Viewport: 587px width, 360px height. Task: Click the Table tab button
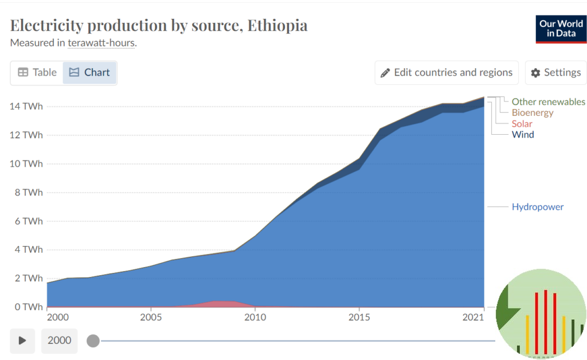pos(37,73)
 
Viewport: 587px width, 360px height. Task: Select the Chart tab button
pos(89,73)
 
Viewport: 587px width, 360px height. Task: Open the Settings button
pos(555,73)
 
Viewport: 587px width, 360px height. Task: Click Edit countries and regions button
pos(447,73)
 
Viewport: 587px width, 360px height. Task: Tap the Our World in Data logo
pos(561,29)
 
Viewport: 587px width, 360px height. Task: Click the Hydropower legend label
pos(537,207)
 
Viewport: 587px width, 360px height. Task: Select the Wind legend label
pos(522,135)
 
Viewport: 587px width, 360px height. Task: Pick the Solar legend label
pos(522,124)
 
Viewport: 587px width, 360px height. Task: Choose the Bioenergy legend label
pos(532,113)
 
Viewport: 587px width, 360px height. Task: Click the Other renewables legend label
pos(548,102)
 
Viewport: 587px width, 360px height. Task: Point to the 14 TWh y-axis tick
pos(26,106)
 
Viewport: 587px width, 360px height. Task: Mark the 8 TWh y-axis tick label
pos(29,192)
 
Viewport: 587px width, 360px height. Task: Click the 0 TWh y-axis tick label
pos(29,307)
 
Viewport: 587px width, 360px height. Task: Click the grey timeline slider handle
pos(93,341)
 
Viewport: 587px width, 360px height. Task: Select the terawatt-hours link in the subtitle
pos(101,43)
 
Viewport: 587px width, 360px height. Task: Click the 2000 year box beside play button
pos(60,341)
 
